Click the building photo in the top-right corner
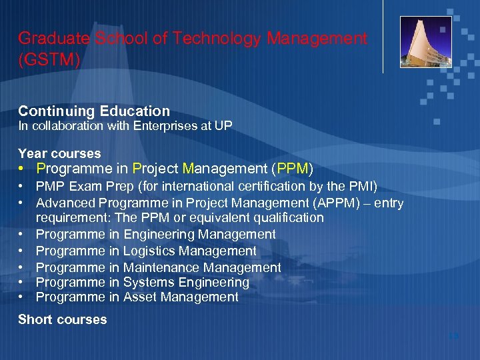[425, 42]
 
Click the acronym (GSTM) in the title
[49, 60]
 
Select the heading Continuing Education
[94, 111]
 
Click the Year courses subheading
[59, 153]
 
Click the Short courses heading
[63, 319]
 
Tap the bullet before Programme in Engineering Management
[22, 234]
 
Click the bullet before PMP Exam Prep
[22, 186]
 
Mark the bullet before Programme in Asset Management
[22, 297]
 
